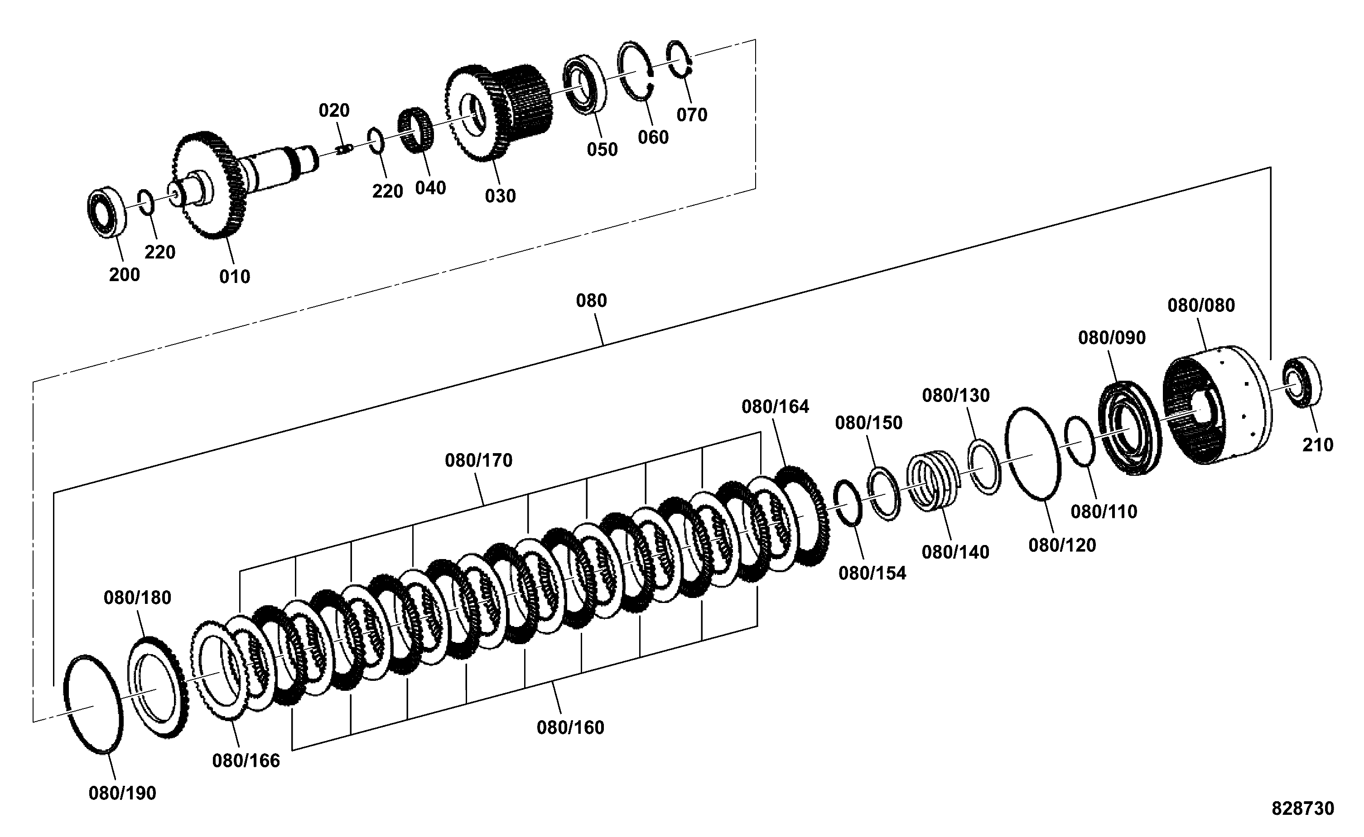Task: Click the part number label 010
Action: coord(235,276)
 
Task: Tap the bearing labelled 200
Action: coord(107,212)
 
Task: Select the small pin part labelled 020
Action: coord(344,149)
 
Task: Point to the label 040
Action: coord(430,188)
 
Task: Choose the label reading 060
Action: coord(653,137)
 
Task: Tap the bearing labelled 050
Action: coord(585,85)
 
